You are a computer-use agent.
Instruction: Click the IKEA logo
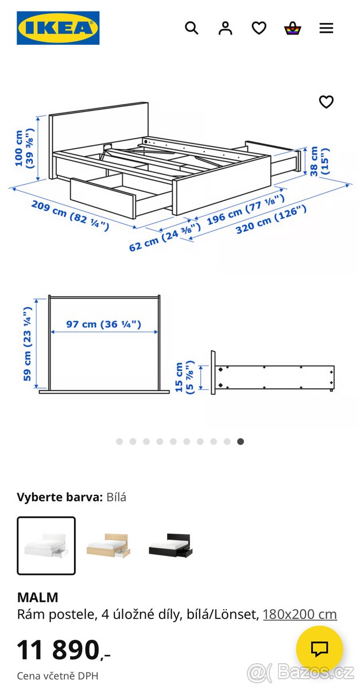click(x=58, y=28)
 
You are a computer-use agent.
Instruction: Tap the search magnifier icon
click(x=191, y=28)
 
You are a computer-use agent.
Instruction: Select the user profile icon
click(x=225, y=28)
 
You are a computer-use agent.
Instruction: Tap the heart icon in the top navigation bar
click(x=259, y=28)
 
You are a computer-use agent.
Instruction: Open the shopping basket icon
click(x=293, y=28)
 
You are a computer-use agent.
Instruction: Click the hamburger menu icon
click(x=326, y=28)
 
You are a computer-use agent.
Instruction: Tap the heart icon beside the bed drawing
click(x=326, y=102)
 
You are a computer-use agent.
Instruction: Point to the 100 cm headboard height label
click(x=24, y=149)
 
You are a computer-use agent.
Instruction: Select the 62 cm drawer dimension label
click(x=164, y=237)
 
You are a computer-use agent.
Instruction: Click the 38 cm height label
click(x=319, y=161)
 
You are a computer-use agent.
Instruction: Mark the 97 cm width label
click(x=103, y=324)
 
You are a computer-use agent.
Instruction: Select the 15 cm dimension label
click(x=185, y=377)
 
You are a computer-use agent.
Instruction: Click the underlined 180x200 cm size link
click(x=300, y=614)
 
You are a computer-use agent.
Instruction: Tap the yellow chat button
click(x=319, y=649)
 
